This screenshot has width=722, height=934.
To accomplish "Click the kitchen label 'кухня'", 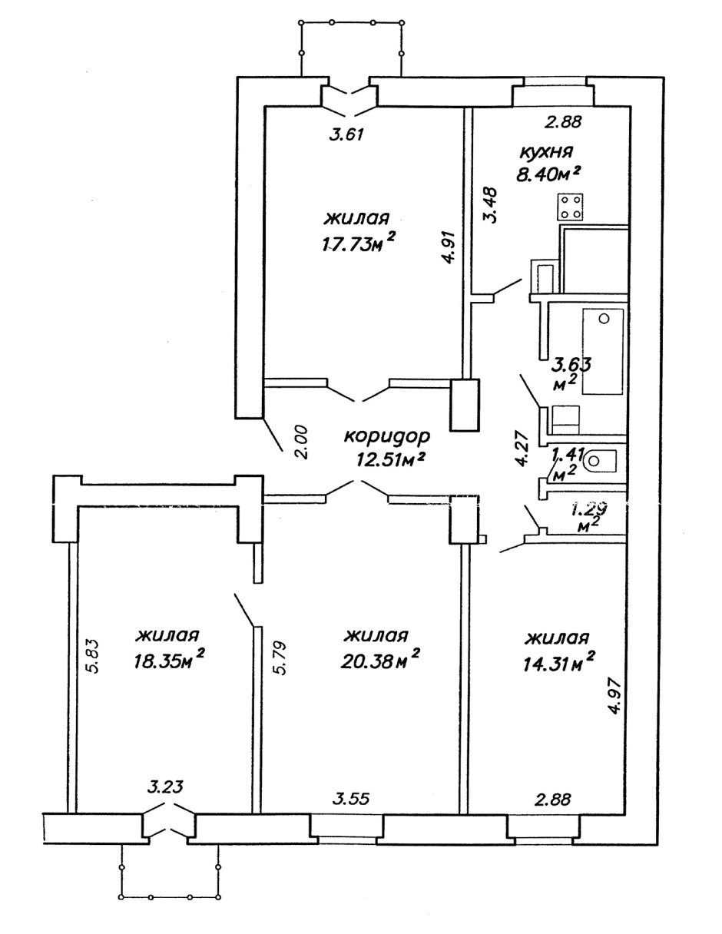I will (x=545, y=151).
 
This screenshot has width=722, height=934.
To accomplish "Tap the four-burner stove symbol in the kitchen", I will (x=569, y=206).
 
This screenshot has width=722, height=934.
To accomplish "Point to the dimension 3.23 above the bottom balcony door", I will (x=164, y=787).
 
